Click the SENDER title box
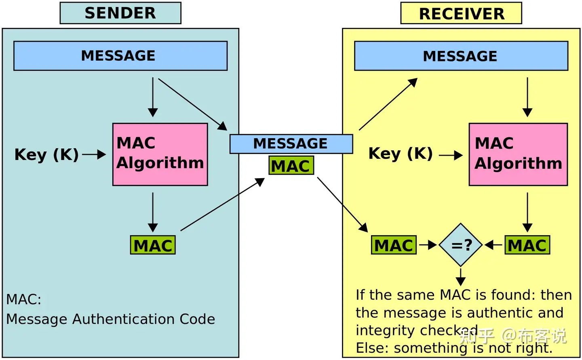click(120, 13)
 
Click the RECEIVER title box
click(461, 13)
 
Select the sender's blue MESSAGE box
click(120, 56)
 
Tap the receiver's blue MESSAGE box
click(461, 56)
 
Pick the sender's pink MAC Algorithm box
click(160, 154)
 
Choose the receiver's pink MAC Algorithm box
click(518, 154)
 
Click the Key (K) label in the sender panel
click(46, 155)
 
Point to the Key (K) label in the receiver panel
click(401, 154)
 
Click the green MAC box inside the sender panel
click(153, 245)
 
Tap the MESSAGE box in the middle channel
click(291, 144)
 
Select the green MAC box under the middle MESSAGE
click(291, 166)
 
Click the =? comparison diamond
click(461, 245)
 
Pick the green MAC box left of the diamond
click(394, 245)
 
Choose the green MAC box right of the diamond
click(527, 245)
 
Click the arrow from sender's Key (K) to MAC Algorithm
click(94, 154)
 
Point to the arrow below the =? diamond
click(461, 277)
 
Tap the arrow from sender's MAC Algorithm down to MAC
click(153, 212)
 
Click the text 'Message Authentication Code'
click(111, 319)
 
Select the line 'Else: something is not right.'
click(454, 348)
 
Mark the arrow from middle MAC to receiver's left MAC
click(342, 205)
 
